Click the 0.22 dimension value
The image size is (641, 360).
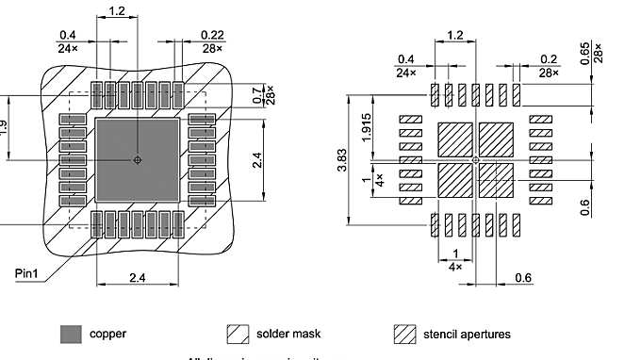[x=212, y=35]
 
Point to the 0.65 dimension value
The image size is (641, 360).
[x=611, y=49]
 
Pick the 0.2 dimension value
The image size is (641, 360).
[x=550, y=58]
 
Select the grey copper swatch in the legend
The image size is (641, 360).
[x=70, y=334]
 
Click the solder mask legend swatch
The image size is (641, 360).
[x=237, y=334]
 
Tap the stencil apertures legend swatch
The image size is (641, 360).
[x=404, y=334]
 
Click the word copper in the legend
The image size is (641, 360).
[x=107, y=334]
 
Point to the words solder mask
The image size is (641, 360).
[x=288, y=334]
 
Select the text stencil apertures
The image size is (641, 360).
[x=466, y=334]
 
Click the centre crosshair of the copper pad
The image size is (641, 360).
[x=138, y=161]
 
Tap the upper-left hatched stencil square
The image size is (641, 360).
[x=457, y=139]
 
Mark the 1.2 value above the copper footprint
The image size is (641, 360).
[x=116, y=11]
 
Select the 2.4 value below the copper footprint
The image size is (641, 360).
[x=138, y=279]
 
